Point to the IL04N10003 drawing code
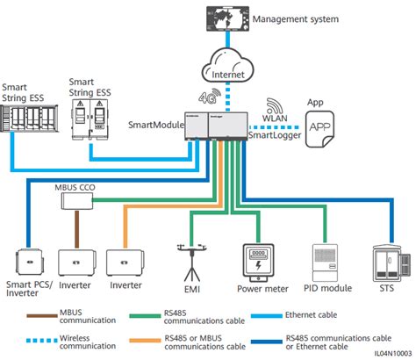pyautogui.click(x=386, y=352)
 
